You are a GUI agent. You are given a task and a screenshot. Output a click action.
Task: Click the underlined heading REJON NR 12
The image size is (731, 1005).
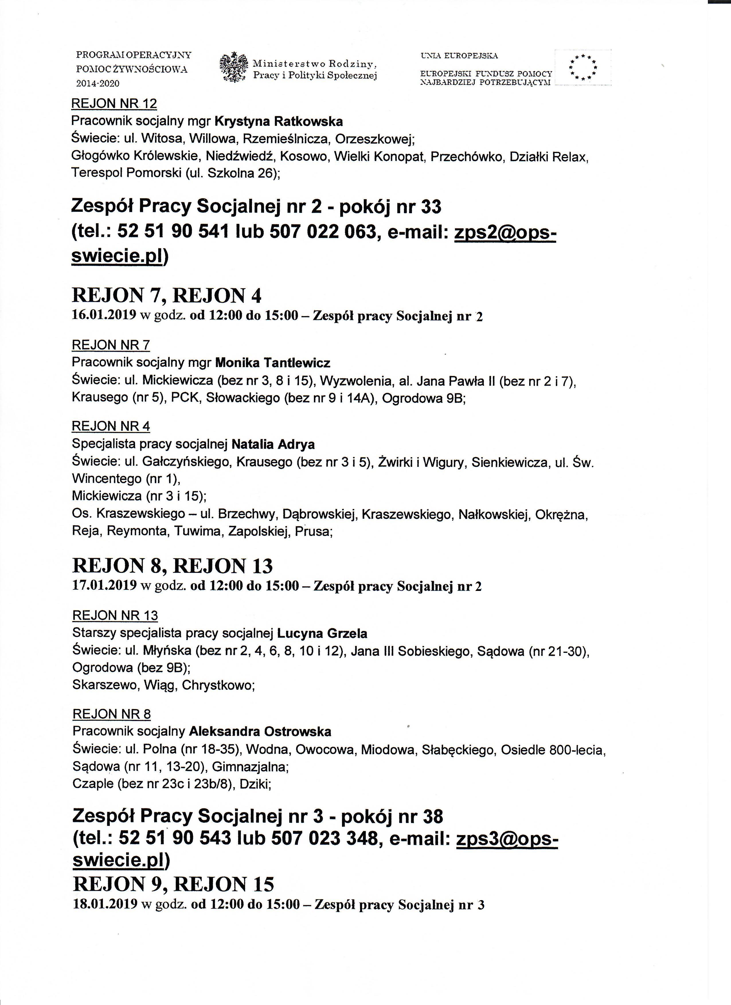114,104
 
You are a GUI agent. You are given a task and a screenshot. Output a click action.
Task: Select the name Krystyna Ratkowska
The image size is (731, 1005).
278,122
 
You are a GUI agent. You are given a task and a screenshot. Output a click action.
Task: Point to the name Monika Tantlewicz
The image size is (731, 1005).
273,363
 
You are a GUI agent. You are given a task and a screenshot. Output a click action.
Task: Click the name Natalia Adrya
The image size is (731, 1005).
273,444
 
